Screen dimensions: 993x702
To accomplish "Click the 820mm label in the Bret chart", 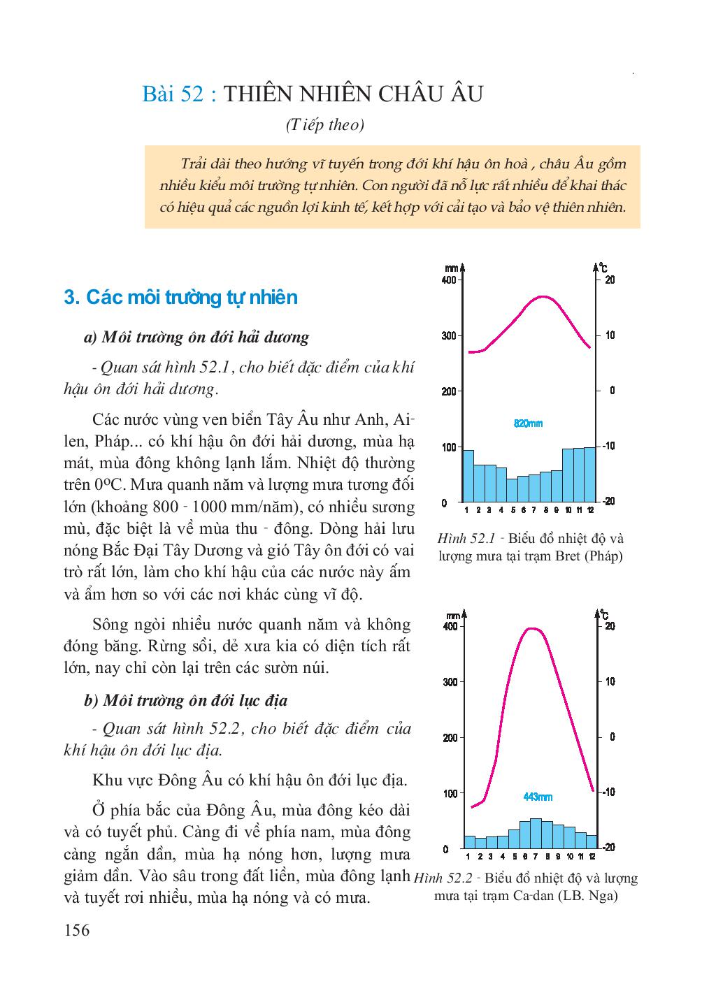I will tap(528, 423).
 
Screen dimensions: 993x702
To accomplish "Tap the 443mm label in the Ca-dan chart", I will tap(537, 797).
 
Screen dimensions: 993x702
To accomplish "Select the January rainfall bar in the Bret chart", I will tap(468, 476).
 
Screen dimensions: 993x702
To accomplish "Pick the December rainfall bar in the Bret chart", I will tap(589, 474).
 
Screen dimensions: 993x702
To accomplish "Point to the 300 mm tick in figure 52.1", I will tap(449, 335).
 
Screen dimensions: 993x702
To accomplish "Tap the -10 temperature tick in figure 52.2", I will tap(610, 792).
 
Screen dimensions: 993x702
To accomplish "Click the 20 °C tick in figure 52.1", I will tap(610, 280).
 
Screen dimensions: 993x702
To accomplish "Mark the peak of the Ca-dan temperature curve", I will tap(533, 628).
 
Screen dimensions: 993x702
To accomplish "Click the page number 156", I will tap(76, 930).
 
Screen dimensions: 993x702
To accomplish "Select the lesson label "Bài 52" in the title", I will tap(173, 94).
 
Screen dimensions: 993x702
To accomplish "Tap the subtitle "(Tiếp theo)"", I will tap(325, 126).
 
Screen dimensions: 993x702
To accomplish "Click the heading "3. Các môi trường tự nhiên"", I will tap(180, 298).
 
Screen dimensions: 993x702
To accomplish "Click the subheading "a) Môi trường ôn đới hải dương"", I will tap(196, 338).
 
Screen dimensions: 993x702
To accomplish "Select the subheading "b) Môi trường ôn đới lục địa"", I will tap(185, 700).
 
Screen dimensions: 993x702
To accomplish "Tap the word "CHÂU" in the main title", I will tap(409, 94).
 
